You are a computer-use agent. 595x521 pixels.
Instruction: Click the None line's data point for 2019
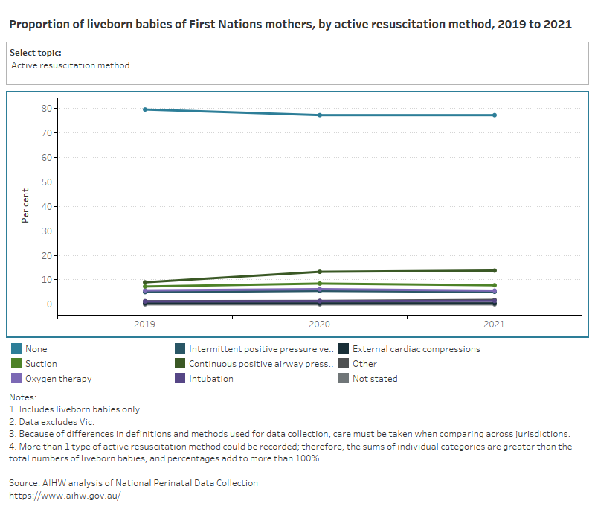point(145,109)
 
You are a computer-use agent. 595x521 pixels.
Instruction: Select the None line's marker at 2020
point(320,115)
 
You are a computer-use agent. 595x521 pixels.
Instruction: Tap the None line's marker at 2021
point(494,115)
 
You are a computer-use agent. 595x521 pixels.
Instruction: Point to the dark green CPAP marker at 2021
point(494,270)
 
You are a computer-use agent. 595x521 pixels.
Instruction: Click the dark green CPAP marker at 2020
point(320,272)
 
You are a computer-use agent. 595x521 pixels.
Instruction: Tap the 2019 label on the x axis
point(145,325)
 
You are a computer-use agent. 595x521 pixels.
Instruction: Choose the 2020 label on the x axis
point(320,325)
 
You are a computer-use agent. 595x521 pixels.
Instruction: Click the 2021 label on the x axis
point(494,325)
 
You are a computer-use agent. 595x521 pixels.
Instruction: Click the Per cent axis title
point(25,206)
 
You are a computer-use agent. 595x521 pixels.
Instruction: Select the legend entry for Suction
point(40,364)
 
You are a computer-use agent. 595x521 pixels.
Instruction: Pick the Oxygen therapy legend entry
point(58,379)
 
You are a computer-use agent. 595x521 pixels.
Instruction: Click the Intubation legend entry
point(210,379)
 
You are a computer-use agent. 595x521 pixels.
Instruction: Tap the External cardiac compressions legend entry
point(416,349)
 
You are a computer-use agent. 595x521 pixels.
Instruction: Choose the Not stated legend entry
point(375,379)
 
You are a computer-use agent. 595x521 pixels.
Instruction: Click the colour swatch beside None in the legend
point(16,349)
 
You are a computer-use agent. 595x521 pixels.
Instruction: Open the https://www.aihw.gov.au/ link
point(65,495)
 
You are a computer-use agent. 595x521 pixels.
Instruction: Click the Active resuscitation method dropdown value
point(71,65)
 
